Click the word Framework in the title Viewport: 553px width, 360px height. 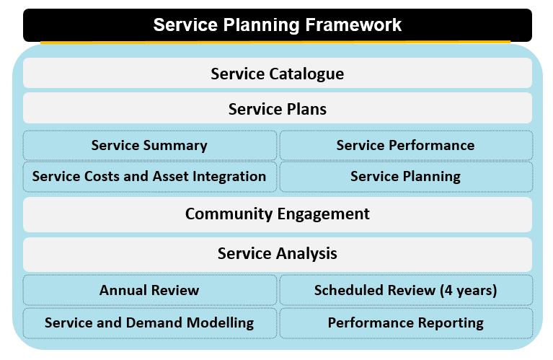tap(353, 25)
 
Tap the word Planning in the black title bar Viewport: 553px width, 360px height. tap(261, 25)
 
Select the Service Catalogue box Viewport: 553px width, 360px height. tap(278, 73)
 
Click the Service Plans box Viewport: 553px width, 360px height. tap(278, 108)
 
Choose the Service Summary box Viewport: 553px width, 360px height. tap(150, 145)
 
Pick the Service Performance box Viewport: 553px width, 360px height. tap(406, 145)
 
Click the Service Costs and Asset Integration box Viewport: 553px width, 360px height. tap(150, 177)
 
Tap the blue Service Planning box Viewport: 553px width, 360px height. tap(406, 177)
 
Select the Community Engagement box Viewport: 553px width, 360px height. tap(278, 214)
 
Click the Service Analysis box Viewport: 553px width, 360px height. tap(278, 254)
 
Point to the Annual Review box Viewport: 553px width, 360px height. tap(150, 290)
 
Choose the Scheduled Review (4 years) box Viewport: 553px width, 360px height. tap(406, 290)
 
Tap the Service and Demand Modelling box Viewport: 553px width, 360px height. tap(150, 323)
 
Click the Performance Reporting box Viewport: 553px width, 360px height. tap(406, 323)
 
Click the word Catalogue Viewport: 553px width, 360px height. tap(306, 74)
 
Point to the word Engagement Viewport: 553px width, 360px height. tap(324, 214)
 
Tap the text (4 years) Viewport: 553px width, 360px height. tap(469, 291)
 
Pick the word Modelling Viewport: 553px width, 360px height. tap(220, 323)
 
